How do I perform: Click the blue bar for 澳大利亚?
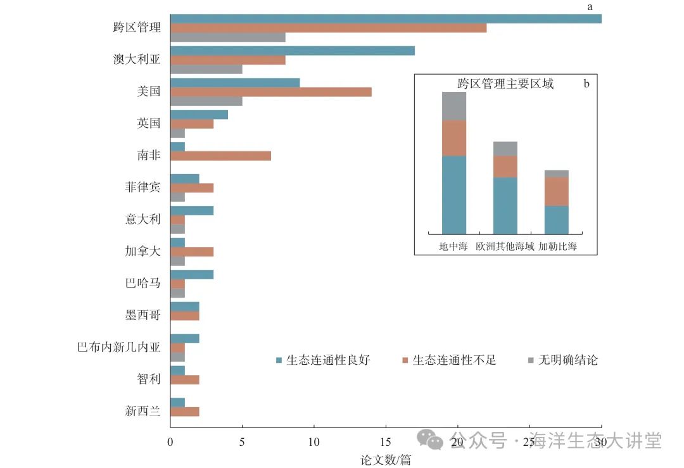tap(293, 51)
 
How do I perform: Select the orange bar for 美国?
tap(271, 92)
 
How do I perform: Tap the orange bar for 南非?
tap(220, 156)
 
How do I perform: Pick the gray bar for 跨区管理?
tap(228, 37)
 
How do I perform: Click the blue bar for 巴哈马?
tap(192, 274)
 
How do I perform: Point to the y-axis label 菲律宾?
tap(142, 187)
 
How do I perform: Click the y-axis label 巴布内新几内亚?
tap(118, 347)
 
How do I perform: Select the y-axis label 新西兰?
tap(142, 411)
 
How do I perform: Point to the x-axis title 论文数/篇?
tap(386, 460)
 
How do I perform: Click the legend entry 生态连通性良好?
tap(323, 360)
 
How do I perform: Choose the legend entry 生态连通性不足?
tap(449, 360)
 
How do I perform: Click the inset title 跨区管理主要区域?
tap(505, 84)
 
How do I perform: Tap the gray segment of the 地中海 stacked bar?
tap(454, 106)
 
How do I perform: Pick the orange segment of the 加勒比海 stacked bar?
tap(557, 191)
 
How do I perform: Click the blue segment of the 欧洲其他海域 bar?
tap(505, 206)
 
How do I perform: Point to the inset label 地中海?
tap(453, 246)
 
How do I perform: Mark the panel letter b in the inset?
tap(586, 84)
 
